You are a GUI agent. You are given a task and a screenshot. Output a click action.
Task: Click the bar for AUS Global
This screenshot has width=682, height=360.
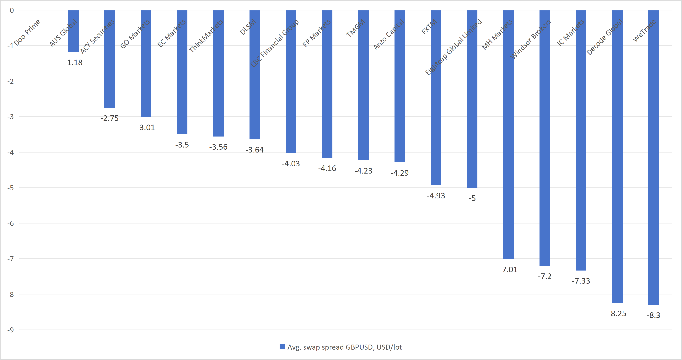tap(73, 31)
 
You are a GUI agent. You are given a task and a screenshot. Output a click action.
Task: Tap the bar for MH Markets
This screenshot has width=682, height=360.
tap(508, 134)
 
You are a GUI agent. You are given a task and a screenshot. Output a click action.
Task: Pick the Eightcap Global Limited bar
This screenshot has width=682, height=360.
tap(472, 99)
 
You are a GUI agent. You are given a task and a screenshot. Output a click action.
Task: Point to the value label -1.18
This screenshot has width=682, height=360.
tap(73, 62)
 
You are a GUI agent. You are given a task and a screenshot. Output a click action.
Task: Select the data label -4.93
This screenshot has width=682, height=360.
tap(436, 196)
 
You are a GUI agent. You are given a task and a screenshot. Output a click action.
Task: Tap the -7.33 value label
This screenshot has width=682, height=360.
tap(581, 281)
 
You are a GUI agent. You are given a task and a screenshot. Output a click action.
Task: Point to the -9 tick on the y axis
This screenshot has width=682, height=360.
tap(10, 330)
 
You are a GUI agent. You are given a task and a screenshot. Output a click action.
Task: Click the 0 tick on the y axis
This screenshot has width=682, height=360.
tap(12, 10)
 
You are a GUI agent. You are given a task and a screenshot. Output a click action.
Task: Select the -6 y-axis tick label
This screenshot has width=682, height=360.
tap(10, 223)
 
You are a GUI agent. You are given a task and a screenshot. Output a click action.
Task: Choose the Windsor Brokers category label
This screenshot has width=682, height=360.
tap(530, 39)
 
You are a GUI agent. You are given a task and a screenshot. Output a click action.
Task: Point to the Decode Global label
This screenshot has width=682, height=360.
tap(604, 37)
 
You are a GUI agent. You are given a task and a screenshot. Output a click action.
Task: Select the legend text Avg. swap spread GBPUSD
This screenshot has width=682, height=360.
tap(344, 347)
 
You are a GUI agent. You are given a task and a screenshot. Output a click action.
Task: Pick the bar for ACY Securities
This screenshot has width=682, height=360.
tap(110, 59)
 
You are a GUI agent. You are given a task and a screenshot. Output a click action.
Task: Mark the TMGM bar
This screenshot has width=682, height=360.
tap(363, 85)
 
